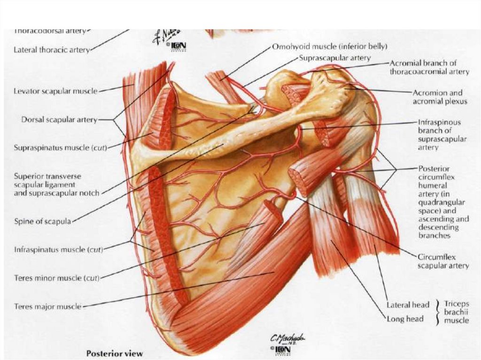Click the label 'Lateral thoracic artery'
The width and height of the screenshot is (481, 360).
(x=51, y=49)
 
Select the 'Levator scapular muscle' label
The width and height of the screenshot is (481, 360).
(x=55, y=91)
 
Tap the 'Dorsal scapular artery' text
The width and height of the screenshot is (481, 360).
(x=59, y=120)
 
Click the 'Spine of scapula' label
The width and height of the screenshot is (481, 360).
(x=42, y=222)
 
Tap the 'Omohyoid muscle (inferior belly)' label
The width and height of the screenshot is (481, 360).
(x=330, y=46)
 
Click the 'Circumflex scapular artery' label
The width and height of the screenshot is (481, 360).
(x=443, y=261)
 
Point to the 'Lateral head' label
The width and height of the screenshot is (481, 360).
(x=408, y=305)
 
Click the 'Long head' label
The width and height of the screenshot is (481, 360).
(x=405, y=319)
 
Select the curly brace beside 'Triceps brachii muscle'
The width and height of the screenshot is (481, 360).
(x=438, y=312)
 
